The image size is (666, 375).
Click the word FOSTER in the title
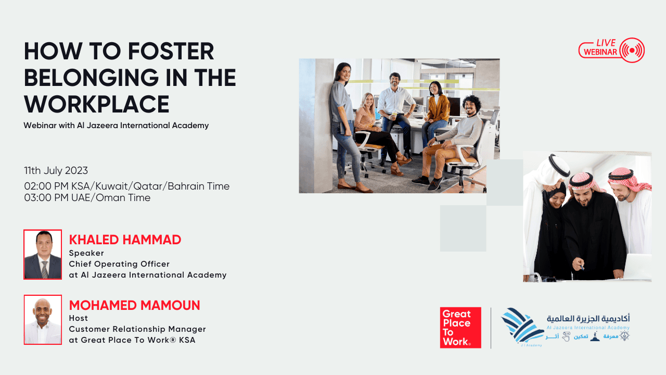[171, 51]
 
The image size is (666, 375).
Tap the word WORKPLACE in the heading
[97, 104]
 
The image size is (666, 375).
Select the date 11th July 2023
[56, 170]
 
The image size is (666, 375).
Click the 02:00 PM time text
[46, 186]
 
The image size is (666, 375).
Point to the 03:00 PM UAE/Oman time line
[87, 197]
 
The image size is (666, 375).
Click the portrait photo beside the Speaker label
[43, 255]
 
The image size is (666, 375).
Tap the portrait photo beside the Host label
[43, 320]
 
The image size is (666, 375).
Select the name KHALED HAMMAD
[125, 240]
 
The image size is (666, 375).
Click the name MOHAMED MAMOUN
[134, 305]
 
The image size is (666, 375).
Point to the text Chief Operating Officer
[119, 264]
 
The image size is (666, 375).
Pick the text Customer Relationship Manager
[137, 329]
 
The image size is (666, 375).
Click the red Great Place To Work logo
[460, 328]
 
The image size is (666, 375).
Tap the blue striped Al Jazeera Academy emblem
[522, 327]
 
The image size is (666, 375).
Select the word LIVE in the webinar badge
[606, 43]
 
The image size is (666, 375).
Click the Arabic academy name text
[588, 319]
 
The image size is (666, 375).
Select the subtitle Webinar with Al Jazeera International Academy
[116, 126]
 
